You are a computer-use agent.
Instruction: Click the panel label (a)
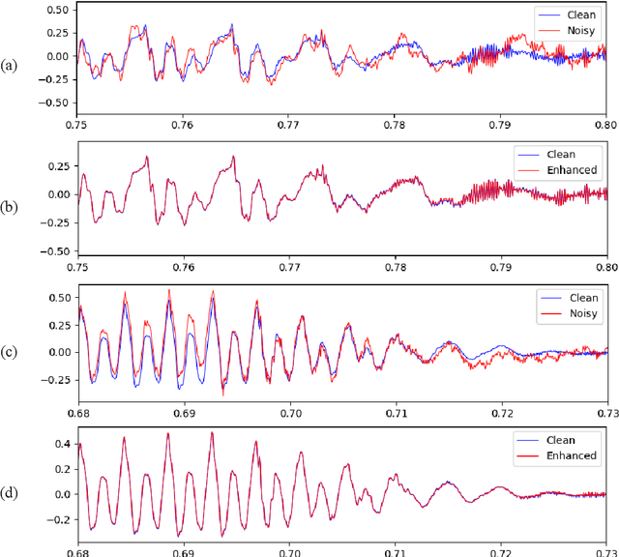point(10,66)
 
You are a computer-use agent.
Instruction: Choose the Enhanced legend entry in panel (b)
point(572,170)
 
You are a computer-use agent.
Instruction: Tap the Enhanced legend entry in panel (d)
point(572,454)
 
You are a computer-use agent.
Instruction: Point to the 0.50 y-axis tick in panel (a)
point(53,10)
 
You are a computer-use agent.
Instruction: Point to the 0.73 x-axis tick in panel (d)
point(605,551)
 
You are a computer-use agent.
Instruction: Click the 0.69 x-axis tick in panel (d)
point(184,551)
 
